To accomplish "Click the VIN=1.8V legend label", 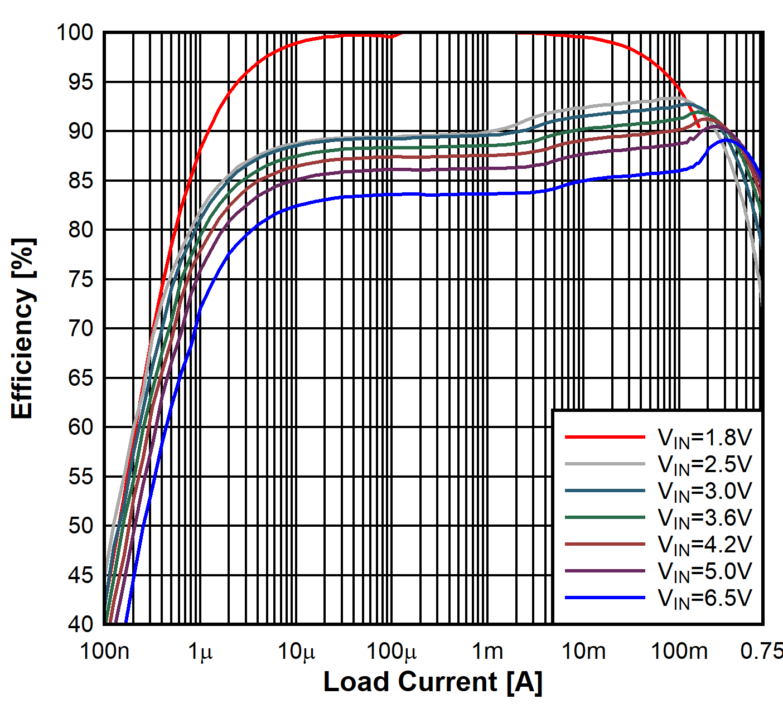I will pos(705,438).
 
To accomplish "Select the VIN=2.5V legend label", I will pos(705,465).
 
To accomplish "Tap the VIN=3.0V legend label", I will pos(705,492).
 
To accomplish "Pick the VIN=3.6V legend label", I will pos(705,518).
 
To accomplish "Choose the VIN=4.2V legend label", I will pos(705,545).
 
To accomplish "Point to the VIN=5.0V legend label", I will pos(705,572).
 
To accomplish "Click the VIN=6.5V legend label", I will pos(705,598).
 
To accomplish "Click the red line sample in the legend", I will pos(605,437).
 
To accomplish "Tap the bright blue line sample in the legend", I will pos(605,598).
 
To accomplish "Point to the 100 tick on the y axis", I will pos(75,33).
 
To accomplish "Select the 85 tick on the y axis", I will pos(81,181).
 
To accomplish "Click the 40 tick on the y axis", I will pos(81,624).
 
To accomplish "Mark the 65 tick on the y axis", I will pos(81,378).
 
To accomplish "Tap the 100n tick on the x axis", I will pos(105,651).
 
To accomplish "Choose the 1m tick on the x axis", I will pos(487,651).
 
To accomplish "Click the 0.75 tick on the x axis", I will pos(761,651).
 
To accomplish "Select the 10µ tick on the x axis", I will pos(296,651).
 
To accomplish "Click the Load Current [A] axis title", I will pos(433,682).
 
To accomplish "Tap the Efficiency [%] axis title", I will pos(23,329).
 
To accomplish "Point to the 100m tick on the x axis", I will pos(679,651).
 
